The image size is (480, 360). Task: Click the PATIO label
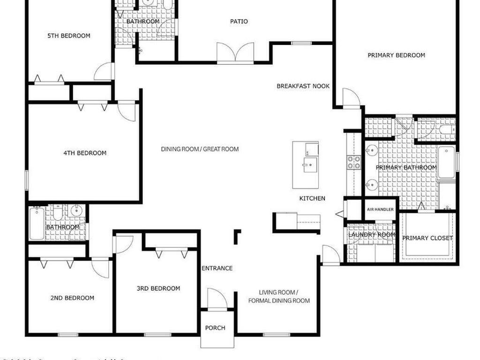pos(239,21)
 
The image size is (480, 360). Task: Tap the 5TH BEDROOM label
pos(69,36)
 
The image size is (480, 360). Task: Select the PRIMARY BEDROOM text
pos(396,55)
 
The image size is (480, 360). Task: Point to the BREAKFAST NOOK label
pos(303,86)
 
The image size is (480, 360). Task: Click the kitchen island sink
pos(308,165)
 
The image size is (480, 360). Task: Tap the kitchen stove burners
pos(353,162)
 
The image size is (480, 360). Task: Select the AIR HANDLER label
pos(380,210)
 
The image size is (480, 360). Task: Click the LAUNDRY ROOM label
pos(372,235)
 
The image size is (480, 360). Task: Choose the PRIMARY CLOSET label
pos(427,238)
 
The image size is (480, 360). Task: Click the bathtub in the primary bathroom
pos(446,162)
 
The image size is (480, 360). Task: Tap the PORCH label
pos(215,328)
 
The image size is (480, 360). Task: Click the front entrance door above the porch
pos(217,299)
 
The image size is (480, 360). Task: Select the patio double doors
pos(235,52)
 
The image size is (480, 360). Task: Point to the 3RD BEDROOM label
pos(158,289)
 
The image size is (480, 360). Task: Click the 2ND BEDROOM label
pos(72,298)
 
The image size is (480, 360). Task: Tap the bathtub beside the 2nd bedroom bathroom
pos(37,223)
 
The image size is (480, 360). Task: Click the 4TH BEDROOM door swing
pos(127,111)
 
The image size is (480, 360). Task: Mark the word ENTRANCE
pos(217,269)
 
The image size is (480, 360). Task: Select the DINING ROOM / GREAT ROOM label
pos(200,150)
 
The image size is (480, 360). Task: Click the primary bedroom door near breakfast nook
pos(351,98)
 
